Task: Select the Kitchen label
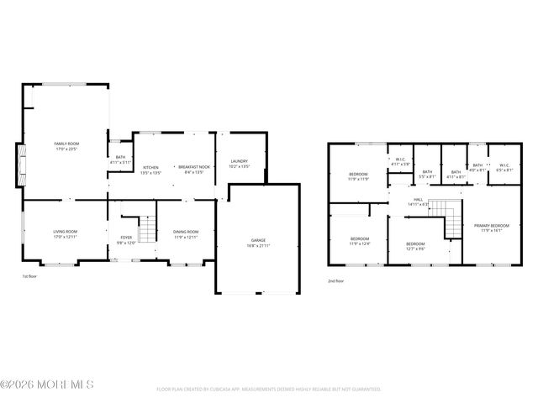point(150,167)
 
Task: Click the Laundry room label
point(239,161)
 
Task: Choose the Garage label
point(257,240)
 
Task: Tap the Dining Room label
point(186,232)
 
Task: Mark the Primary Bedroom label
point(491,226)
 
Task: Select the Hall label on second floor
point(418,202)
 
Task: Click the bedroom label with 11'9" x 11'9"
point(359,175)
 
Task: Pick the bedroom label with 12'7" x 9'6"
point(414,244)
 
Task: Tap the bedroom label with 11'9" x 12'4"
point(359,239)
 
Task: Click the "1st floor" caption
point(30,275)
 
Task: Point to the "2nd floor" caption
point(335,280)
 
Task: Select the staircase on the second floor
point(453,220)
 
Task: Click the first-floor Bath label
point(120,159)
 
